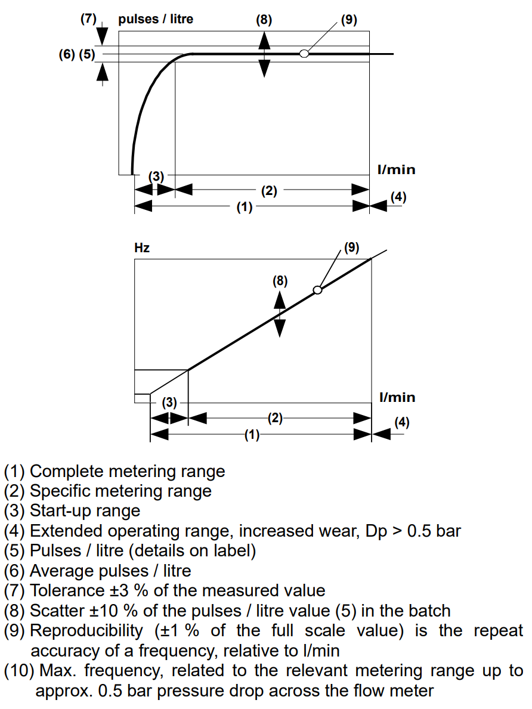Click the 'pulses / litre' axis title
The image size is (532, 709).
(156, 19)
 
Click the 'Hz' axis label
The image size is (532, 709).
(142, 248)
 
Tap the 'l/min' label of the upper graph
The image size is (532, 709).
(397, 170)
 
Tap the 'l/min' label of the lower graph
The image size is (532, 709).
(397, 397)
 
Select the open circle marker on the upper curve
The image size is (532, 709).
(304, 54)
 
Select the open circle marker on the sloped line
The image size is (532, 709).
(317, 290)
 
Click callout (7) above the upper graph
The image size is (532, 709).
(88, 18)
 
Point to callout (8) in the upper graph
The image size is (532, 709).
(264, 19)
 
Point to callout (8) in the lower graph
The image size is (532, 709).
(280, 281)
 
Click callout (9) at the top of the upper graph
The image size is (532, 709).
(349, 19)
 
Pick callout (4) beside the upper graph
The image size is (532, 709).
(398, 197)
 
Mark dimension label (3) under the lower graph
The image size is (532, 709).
(170, 403)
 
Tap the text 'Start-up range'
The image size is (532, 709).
(85, 510)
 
